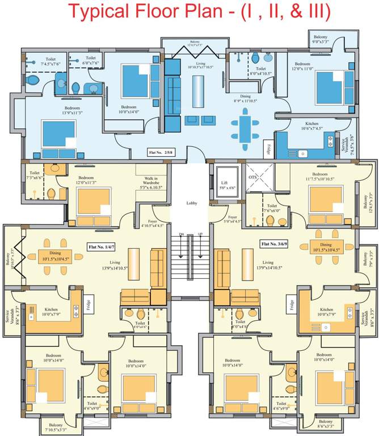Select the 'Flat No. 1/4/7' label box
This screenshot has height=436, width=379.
102,247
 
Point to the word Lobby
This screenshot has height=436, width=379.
190,203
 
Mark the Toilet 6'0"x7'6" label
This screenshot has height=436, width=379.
91,60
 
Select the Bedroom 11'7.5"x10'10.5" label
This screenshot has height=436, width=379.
319,177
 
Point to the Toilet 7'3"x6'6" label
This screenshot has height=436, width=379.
34,175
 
